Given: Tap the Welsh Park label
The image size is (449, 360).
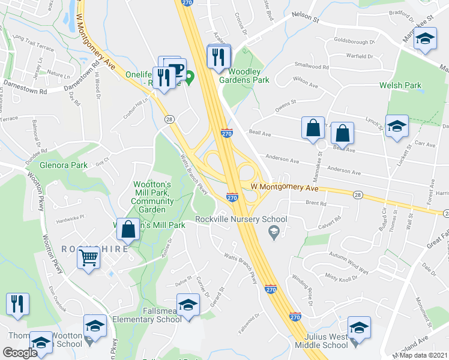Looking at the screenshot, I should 400,85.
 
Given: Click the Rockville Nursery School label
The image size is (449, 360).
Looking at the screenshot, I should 240,219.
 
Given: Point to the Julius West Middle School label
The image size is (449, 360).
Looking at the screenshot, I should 326,341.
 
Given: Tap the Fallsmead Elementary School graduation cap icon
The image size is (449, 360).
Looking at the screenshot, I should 188,305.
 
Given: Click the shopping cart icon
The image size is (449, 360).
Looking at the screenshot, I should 88,259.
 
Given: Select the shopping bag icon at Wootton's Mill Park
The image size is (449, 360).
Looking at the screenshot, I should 128,229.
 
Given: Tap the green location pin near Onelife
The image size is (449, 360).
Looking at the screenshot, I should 190,77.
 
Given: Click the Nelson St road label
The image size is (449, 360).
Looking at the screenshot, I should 304,19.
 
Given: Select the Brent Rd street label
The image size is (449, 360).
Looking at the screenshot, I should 315,204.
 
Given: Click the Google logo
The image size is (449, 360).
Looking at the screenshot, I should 20,353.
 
